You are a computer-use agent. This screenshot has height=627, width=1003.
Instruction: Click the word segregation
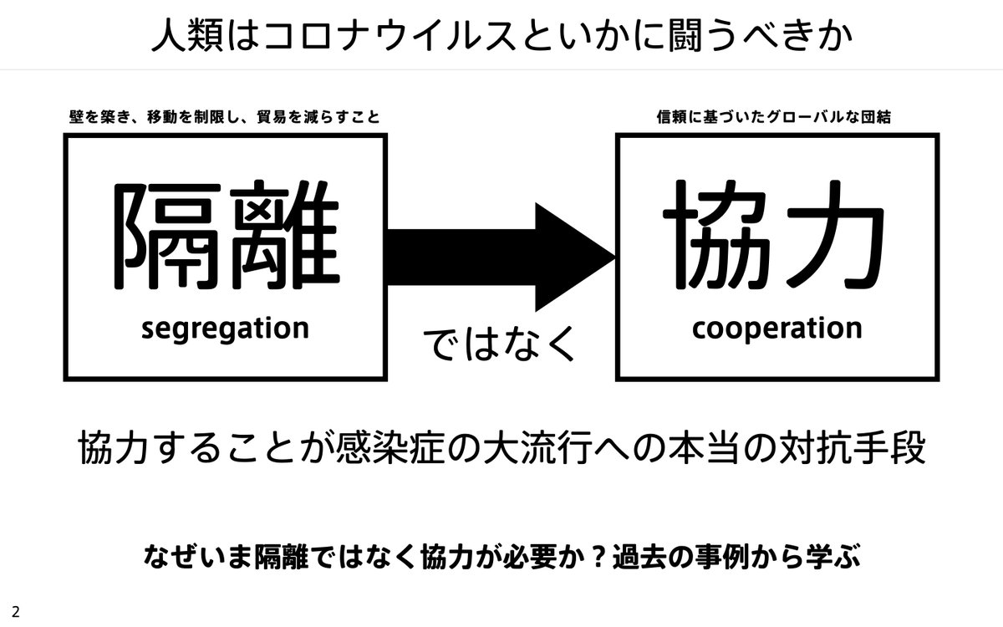tap(225, 329)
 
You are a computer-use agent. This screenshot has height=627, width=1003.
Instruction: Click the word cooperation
tap(776, 329)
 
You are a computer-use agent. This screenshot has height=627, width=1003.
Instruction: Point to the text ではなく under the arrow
tap(501, 344)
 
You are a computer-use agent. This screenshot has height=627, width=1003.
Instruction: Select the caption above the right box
tap(774, 118)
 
